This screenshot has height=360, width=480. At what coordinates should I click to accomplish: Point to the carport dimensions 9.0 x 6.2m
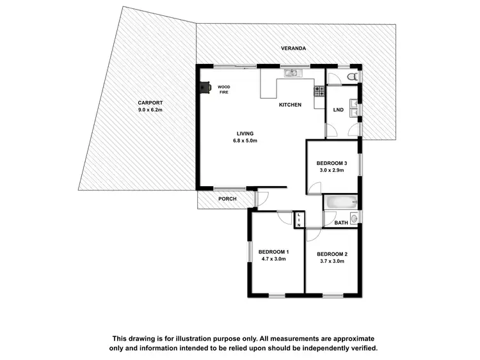tap(151, 110)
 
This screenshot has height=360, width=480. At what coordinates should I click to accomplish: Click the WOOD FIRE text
tap(223, 90)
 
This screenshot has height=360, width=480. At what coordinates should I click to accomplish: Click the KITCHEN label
tap(290, 105)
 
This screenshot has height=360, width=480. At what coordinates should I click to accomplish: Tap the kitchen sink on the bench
tap(291, 73)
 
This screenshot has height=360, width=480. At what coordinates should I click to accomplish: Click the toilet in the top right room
tap(350, 77)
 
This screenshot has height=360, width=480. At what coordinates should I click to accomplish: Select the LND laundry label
tap(339, 110)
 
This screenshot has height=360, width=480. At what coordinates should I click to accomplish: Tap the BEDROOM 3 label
tap(332, 164)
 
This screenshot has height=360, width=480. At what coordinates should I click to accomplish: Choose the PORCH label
tap(227, 199)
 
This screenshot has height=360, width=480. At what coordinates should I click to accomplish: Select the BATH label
tap(341, 223)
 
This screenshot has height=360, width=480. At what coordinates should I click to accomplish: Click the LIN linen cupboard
tap(298, 219)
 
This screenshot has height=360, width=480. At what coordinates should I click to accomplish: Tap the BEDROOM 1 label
tap(273, 251)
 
